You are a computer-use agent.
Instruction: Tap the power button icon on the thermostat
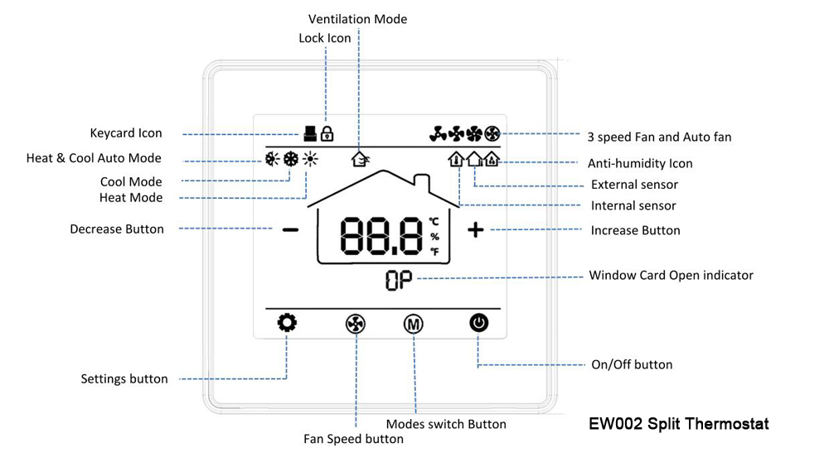pos(479,323)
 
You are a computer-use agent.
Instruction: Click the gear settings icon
pos(287,322)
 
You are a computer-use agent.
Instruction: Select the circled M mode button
pos(414,324)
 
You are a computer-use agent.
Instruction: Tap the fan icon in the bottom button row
pos(356,324)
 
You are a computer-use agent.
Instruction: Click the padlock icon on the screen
pos(327,133)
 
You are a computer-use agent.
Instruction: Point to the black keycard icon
pos(310,133)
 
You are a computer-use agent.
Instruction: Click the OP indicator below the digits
pos(399,281)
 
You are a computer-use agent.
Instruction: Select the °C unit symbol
pos(434,222)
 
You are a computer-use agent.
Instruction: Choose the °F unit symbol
pos(434,251)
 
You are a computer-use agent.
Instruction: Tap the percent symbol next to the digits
pos(434,237)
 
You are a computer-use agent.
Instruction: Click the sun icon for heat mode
pos(310,159)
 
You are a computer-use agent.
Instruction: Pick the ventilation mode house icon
pos(361,158)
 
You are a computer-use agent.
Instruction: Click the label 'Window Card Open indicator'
pos(671,275)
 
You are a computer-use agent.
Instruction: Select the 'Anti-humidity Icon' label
pos(640,164)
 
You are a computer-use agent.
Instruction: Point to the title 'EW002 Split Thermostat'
pos(679,423)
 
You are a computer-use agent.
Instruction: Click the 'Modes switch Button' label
pos(446,424)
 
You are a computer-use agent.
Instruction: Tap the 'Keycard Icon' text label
pos(126,133)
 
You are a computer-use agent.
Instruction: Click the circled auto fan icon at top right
pos(492,134)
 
